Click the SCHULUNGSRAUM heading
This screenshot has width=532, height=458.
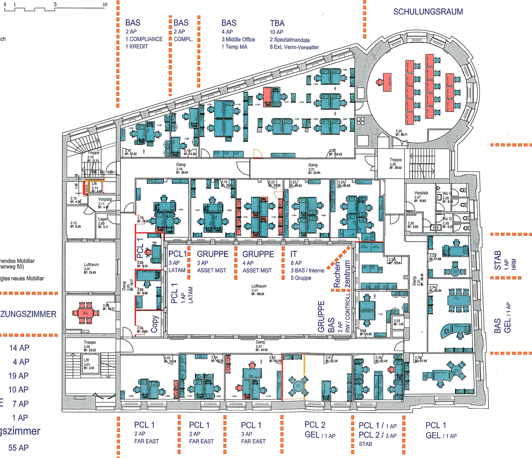tap(428, 12)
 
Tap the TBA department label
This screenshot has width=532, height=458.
tap(277, 23)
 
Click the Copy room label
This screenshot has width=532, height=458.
tap(155, 323)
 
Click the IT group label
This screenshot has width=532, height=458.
tap(294, 254)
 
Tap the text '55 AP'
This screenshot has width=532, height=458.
tap(19, 448)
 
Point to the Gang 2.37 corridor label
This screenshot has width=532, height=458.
tap(260, 346)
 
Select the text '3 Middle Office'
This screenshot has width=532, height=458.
tap(238, 39)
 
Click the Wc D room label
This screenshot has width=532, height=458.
tap(447, 221)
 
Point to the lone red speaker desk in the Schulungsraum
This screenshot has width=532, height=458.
tap(386, 82)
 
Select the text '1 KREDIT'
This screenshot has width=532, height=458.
tap(137, 46)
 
